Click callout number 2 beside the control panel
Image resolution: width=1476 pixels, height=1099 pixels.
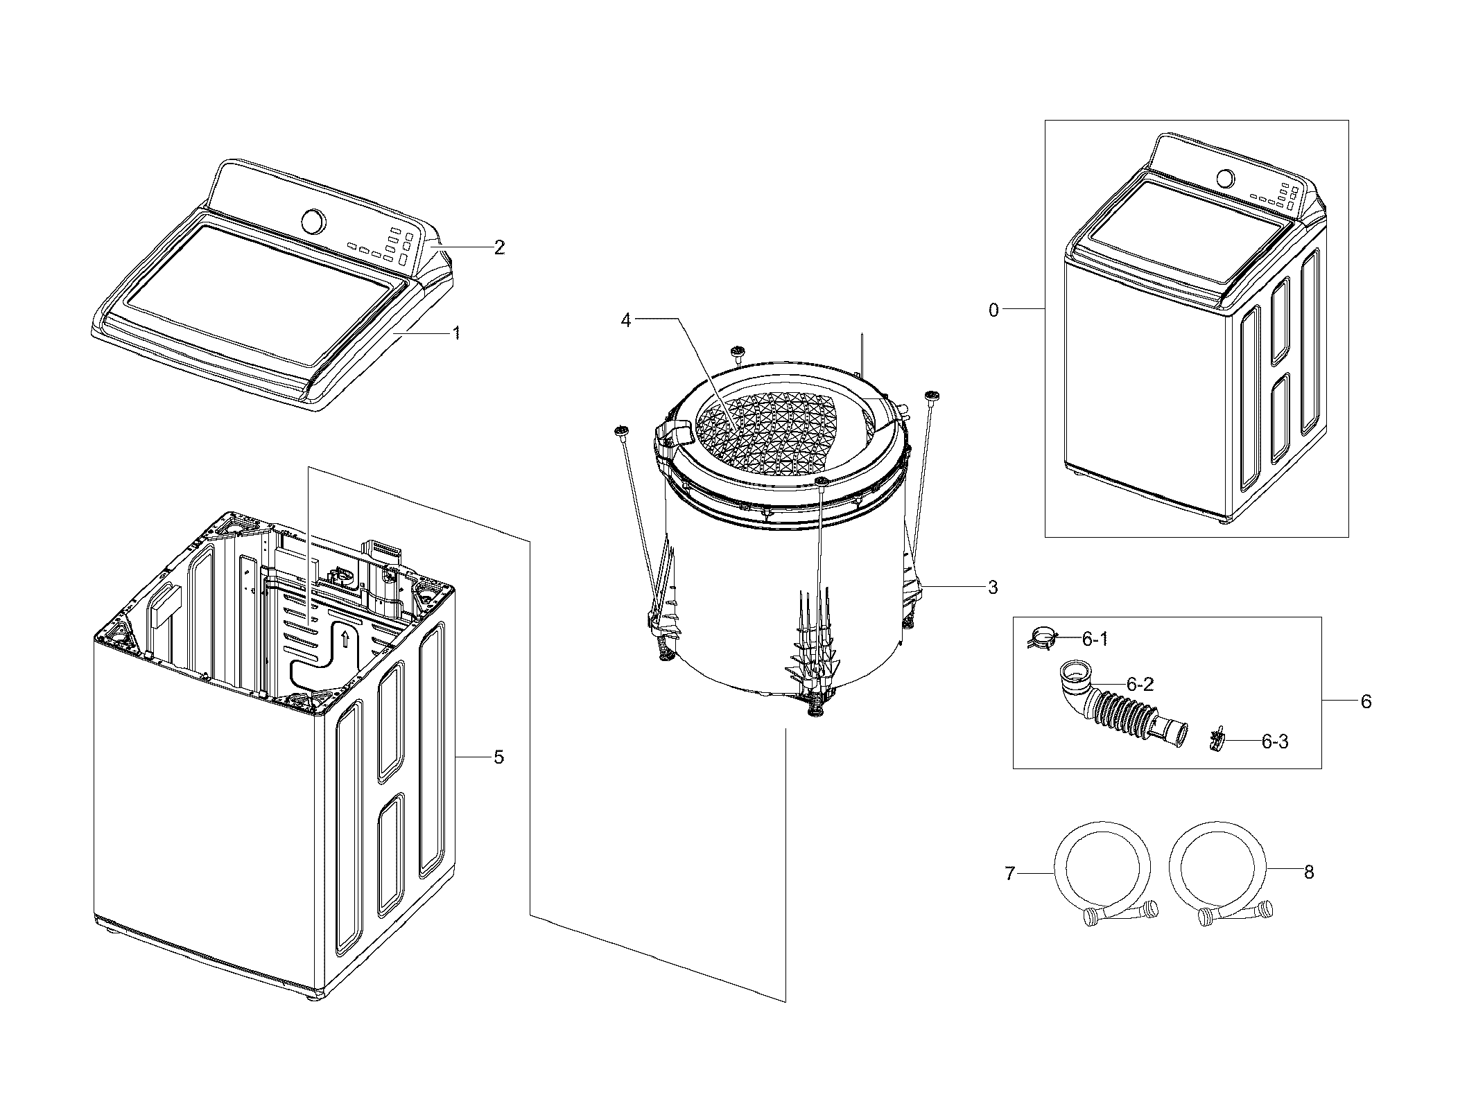[x=498, y=247]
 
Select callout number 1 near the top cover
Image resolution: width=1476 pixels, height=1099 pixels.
[x=456, y=333]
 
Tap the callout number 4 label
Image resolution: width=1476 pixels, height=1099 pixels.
[x=626, y=321]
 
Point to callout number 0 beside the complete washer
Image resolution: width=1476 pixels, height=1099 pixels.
[x=993, y=310]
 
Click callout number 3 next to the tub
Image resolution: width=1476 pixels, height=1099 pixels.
[x=992, y=588]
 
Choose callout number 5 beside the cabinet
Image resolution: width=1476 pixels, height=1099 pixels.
[x=498, y=757]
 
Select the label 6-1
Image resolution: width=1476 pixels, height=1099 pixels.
[x=1095, y=639]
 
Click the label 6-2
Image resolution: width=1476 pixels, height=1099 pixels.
[x=1140, y=685]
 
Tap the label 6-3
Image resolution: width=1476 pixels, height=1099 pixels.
[x=1274, y=742]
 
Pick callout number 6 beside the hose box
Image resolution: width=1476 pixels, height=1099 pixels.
[x=1365, y=702]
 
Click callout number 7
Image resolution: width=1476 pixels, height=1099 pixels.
[x=1010, y=874]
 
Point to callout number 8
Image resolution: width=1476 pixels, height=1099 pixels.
[x=1308, y=872]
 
